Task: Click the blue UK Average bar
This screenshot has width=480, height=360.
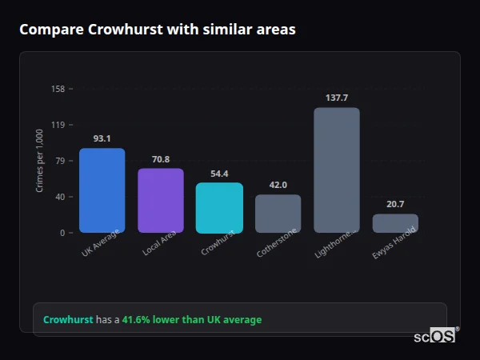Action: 102,190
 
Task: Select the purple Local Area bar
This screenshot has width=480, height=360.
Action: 161,200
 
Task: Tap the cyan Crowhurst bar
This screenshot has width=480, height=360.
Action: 219,207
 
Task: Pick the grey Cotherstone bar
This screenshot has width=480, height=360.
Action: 278,213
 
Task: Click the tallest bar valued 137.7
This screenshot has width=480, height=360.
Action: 337,170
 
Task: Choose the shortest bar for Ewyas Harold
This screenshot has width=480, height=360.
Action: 395,223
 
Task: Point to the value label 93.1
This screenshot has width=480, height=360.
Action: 102,138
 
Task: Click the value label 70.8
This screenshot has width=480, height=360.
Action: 161,159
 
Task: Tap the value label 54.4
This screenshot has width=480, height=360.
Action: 219,174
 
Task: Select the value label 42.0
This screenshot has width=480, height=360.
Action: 278,185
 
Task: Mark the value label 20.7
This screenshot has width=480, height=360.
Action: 395,204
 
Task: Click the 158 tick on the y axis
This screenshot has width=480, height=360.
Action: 58,89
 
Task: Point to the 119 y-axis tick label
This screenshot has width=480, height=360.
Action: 58,125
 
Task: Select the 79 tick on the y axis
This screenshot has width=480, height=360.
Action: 59,161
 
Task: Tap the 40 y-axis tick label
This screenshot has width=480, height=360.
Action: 59,197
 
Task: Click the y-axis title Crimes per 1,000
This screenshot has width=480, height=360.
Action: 40,161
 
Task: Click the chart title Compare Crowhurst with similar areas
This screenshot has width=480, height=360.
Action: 158,30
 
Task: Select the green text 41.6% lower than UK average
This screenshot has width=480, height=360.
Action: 191,320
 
